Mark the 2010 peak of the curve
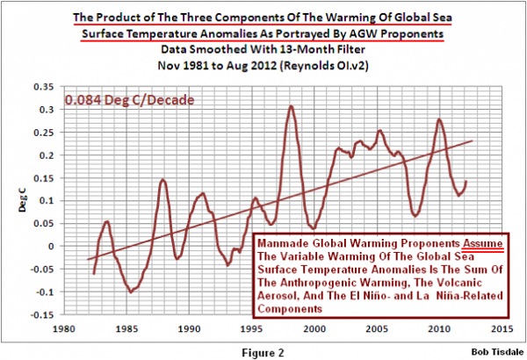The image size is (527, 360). (438, 119)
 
